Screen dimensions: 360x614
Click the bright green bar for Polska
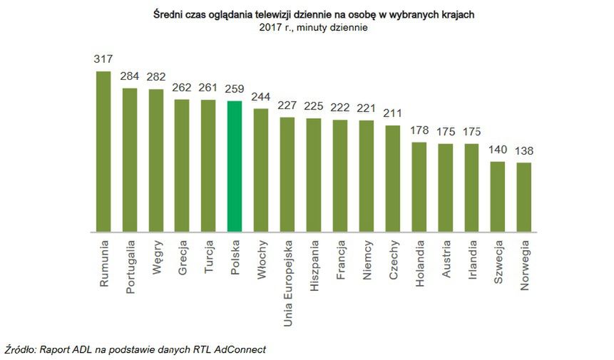[x=235, y=166]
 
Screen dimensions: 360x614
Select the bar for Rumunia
[x=103, y=151]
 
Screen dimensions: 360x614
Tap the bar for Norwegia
[x=523, y=197]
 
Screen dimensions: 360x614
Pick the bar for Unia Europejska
[x=287, y=174]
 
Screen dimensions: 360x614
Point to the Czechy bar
[x=392, y=178]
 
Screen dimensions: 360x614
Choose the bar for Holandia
[x=419, y=187]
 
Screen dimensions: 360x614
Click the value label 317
[x=103, y=58]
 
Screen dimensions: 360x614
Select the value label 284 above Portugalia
[x=130, y=76]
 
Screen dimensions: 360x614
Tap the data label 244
[x=261, y=96]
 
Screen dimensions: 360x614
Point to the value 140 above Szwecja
[x=497, y=150]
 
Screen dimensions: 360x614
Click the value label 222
[x=339, y=108]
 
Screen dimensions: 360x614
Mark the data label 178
[x=419, y=130]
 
